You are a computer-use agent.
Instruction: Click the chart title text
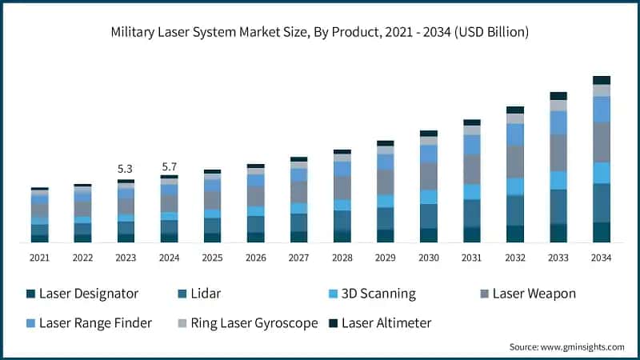point(320,31)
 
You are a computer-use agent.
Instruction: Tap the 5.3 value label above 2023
point(126,169)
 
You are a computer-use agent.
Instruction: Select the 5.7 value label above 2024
point(169,166)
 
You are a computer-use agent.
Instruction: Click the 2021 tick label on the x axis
point(40,258)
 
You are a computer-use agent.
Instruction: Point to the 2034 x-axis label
point(602,258)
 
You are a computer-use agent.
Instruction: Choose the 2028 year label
point(342,258)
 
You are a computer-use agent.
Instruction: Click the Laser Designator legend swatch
point(30,294)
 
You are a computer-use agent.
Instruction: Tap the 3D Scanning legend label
point(378,294)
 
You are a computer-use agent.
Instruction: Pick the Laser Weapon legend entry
point(533,294)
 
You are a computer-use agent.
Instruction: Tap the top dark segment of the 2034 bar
point(602,80)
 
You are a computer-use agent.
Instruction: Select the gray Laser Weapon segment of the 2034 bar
point(602,142)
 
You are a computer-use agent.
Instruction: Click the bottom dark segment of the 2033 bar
point(558,233)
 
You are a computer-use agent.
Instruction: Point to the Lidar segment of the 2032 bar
point(515,210)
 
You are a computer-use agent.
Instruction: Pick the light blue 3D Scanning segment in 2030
point(429,197)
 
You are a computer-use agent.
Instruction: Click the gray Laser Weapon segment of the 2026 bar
point(256,197)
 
